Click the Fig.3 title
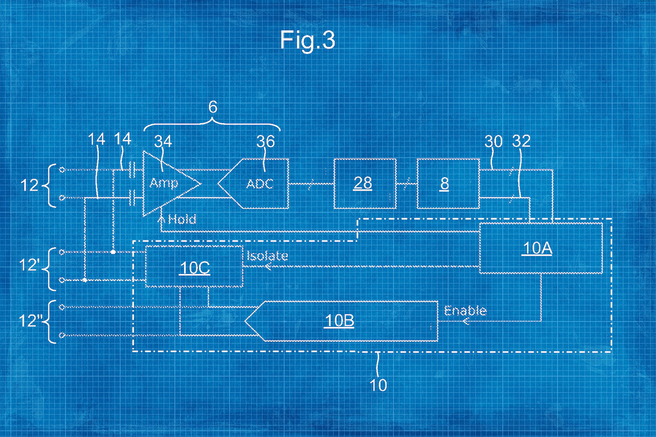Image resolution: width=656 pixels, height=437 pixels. [307, 40]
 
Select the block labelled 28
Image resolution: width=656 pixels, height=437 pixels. [365, 184]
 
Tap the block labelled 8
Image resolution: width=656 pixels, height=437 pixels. [447, 184]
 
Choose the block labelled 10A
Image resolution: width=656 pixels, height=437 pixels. [541, 248]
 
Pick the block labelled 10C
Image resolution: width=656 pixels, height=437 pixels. [194, 267]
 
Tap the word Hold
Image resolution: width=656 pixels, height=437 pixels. [182, 219]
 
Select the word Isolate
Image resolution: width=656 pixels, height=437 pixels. [267, 256]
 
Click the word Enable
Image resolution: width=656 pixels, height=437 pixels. [465, 311]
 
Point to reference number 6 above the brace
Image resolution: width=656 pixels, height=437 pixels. [213, 107]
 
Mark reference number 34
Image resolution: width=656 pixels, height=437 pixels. [163, 141]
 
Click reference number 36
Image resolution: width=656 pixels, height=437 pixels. [265, 141]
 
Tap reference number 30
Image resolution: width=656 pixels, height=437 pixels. [493, 141]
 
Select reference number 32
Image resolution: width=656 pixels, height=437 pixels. [521, 141]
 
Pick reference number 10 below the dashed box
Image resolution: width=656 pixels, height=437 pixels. [378, 385]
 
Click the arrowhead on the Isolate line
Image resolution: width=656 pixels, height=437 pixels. [268, 267]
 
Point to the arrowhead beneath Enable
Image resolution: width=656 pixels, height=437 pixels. [466, 321]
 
